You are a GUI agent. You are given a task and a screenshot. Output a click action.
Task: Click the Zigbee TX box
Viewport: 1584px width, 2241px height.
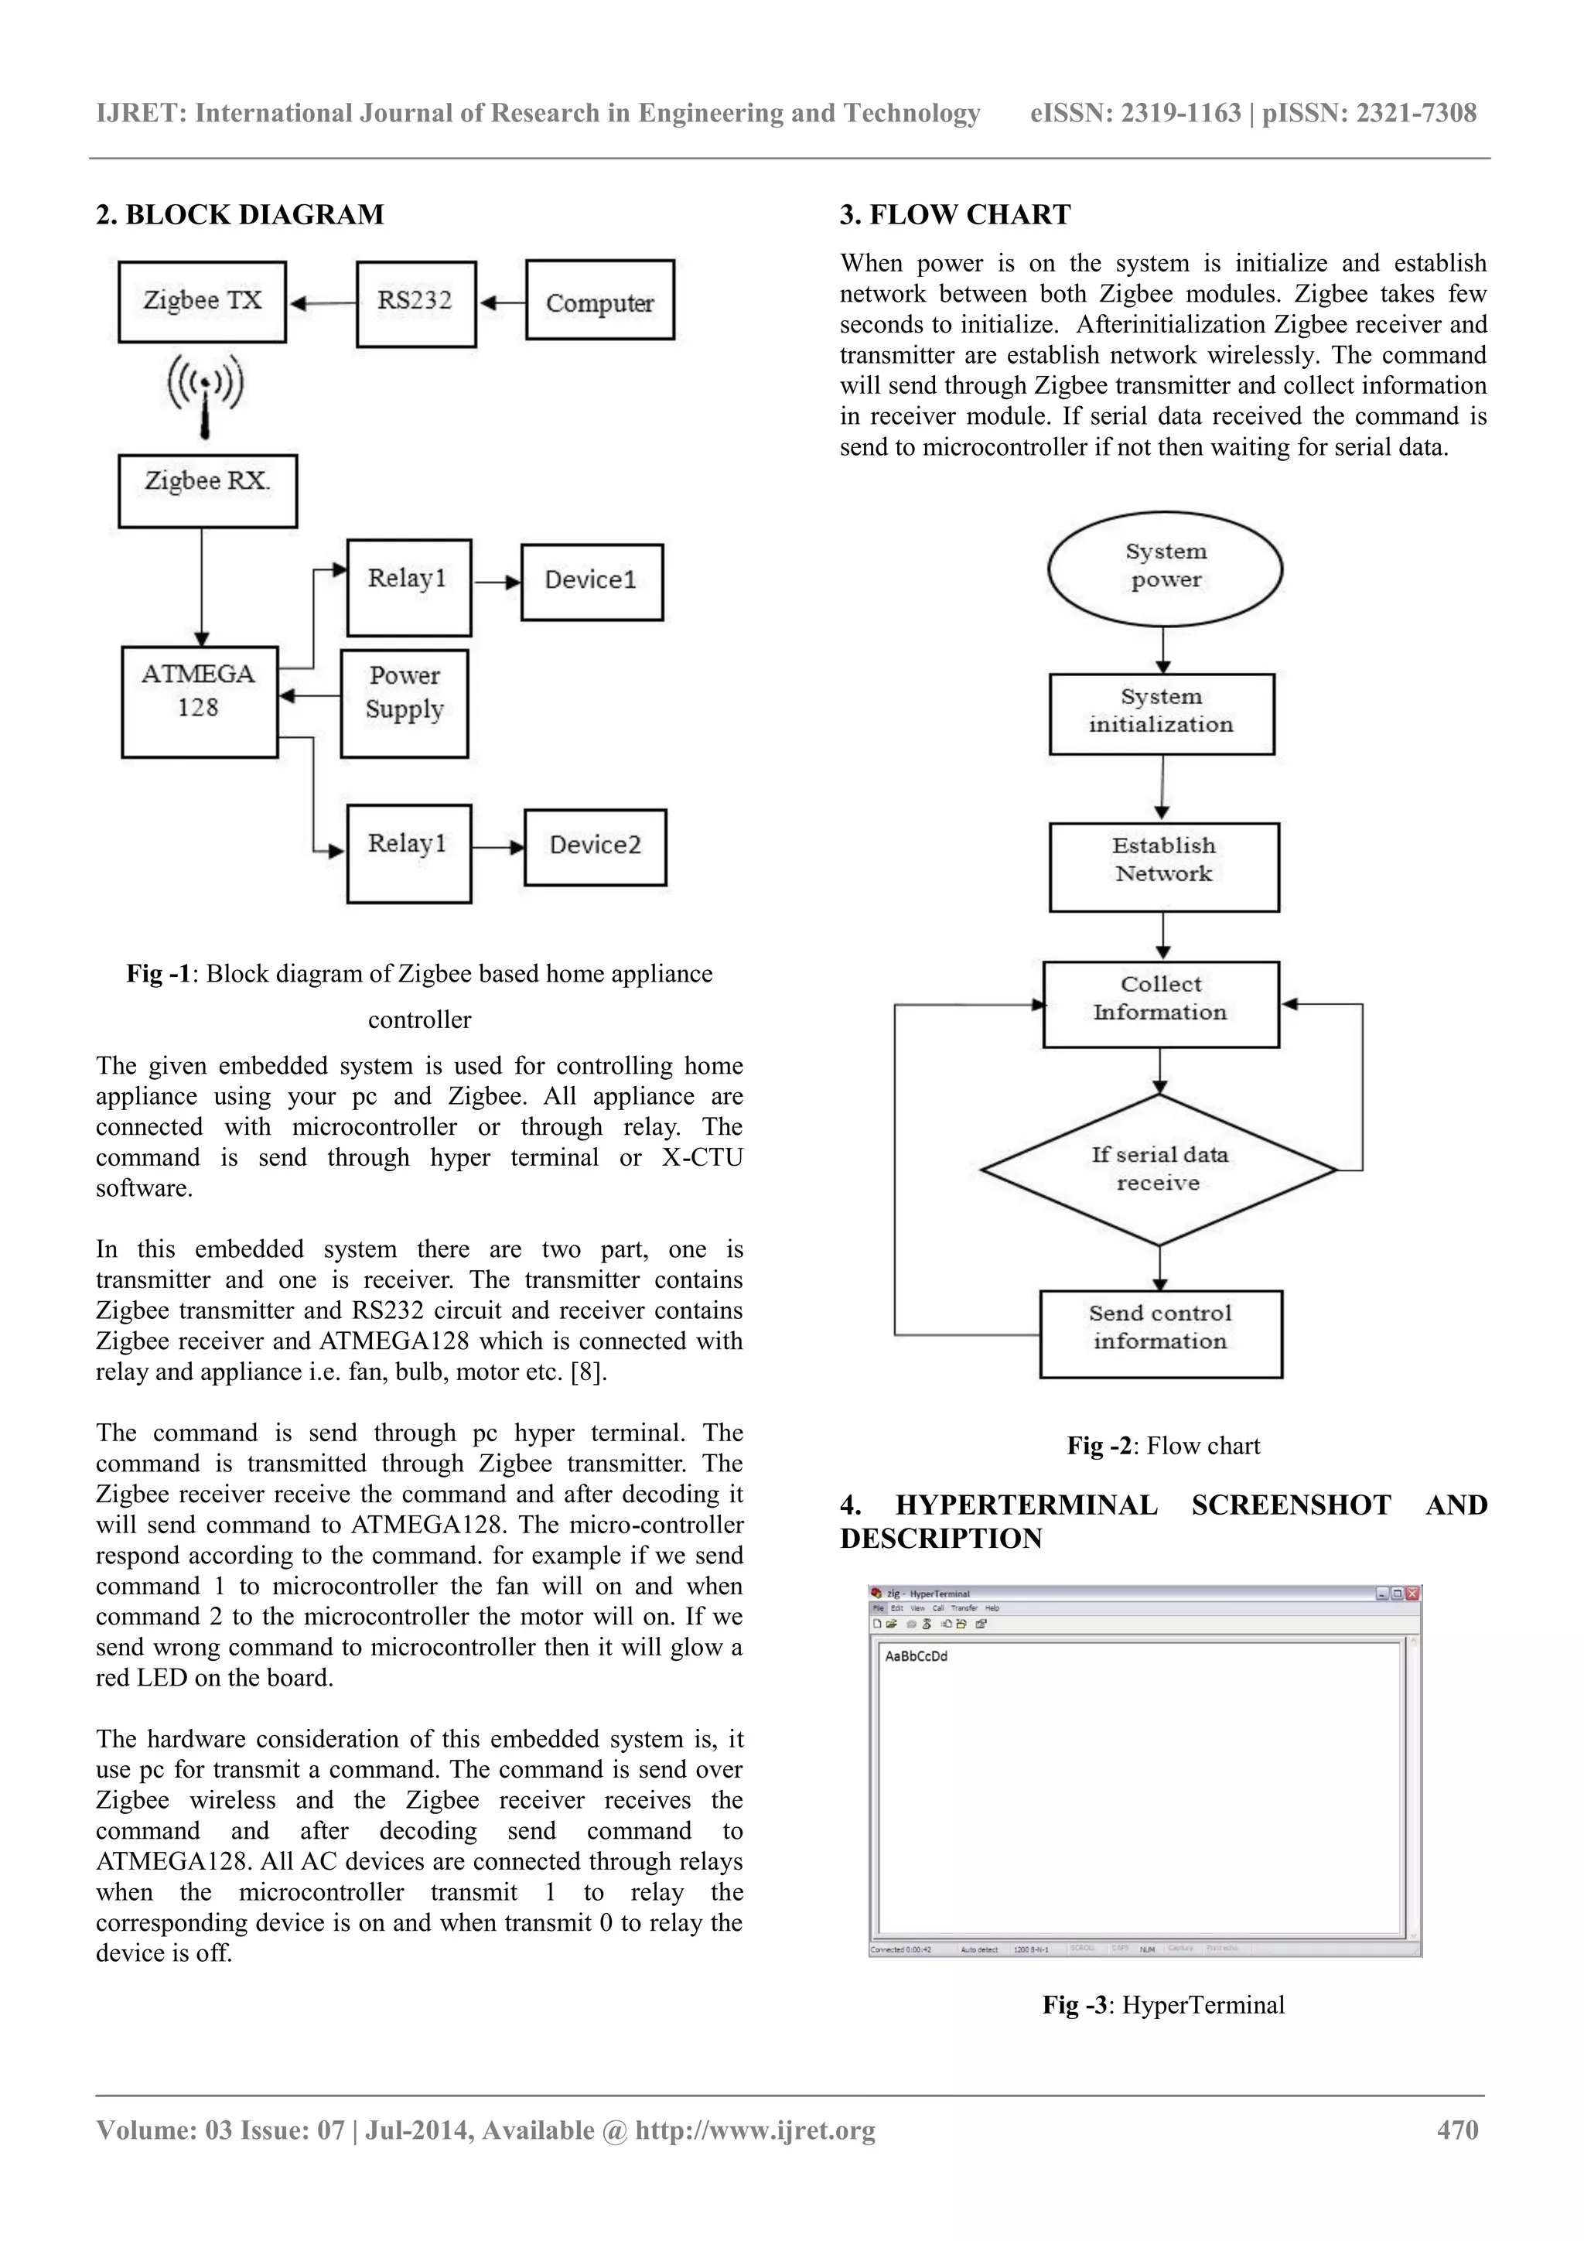click(x=202, y=302)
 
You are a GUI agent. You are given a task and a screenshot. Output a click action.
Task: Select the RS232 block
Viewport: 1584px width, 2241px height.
click(x=416, y=303)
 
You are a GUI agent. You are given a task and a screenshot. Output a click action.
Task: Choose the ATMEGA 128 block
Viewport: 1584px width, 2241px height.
click(x=199, y=701)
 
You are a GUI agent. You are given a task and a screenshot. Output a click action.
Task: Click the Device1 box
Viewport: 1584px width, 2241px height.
click(x=592, y=582)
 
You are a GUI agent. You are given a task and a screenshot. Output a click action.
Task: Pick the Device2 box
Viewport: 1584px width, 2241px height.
click(x=596, y=846)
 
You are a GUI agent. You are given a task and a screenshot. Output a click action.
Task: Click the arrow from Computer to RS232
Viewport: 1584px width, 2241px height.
click(x=502, y=302)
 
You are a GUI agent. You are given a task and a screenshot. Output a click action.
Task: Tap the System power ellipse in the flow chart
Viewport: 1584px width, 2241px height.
click(x=1164, y=568)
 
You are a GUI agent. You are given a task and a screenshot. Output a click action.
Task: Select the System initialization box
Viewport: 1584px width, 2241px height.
click(x=1162, y=713)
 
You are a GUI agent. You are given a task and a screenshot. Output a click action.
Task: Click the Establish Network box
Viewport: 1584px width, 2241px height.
click(x=1163, y=866)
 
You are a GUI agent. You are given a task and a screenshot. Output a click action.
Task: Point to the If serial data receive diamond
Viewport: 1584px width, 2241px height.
click(x=1159, y=1170)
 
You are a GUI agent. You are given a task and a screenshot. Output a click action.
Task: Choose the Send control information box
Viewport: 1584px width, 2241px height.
click(x=1160, y=1334)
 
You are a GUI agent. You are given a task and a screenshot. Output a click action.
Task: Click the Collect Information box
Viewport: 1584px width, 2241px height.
click(x=1160, y=1004)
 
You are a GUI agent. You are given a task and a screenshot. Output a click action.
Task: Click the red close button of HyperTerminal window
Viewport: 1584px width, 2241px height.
click(x=1412, y=1594)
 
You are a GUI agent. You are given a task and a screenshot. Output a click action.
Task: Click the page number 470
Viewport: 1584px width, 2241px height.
click(x=1457, y=2130)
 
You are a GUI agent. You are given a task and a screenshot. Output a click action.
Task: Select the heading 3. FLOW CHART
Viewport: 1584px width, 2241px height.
click(x=954, y=215)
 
